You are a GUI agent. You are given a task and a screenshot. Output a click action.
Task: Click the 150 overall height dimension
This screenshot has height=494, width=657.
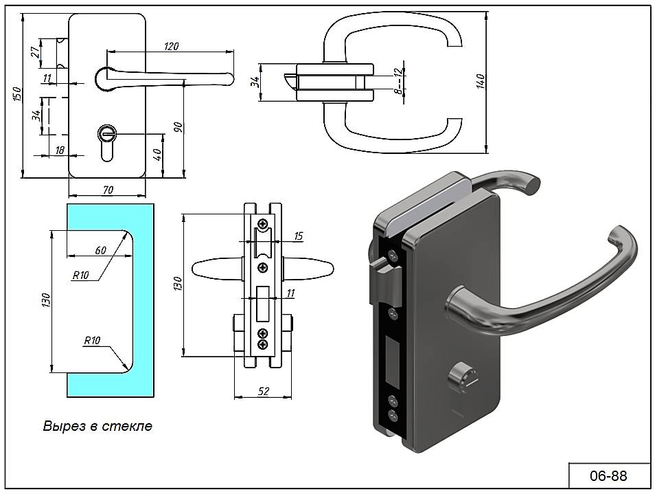(x=16, y=94)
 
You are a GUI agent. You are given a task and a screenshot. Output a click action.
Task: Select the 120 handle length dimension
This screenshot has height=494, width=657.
(x=171, y=46)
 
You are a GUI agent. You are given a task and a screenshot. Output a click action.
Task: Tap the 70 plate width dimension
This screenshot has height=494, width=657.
(x=108, y=190)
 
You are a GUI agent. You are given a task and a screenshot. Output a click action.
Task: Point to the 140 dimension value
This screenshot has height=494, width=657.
(x=481, y=81)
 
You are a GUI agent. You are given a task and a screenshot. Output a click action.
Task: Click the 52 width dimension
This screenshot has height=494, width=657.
(x=263, y=391)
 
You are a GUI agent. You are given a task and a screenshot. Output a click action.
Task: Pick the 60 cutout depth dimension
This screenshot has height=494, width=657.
(x=100, y=250)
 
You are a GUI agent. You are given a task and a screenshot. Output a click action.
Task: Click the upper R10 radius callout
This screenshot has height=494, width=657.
(x=81, y=275)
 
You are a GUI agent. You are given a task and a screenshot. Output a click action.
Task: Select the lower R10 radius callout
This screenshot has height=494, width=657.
(x=92, y=341)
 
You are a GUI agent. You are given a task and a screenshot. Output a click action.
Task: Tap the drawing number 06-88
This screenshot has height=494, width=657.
(x=608, y=475)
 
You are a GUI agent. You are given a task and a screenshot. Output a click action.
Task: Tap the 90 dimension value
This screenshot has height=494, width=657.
(x=178, y=128)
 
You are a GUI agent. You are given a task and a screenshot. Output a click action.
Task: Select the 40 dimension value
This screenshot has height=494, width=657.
(x=157, y=155)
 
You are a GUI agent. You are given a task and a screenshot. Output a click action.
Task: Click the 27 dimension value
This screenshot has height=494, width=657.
(x=36, y=52)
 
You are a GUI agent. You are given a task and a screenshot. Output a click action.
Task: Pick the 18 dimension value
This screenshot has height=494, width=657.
(x=60, y=150)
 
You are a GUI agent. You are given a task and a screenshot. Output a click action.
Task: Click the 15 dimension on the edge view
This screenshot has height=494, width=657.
(x=298, y=236)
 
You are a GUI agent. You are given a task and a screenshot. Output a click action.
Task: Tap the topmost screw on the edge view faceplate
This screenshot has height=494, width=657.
(x=263, y=223)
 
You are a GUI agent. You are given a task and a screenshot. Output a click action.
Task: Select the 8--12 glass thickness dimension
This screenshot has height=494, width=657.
(x=400, y=80)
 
